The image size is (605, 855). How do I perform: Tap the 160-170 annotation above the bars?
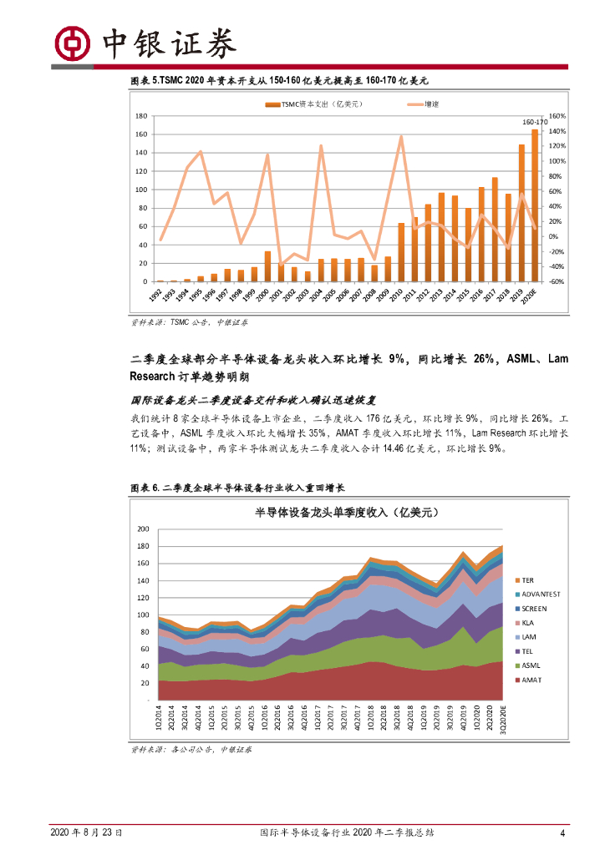tap(531, 122)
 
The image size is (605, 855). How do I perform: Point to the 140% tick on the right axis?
tap(557, 131)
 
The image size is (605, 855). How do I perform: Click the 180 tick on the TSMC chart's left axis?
tap(141, 116)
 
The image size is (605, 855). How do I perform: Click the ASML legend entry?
tap(531, 665)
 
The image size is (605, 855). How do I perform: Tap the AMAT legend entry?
tap(531, 680)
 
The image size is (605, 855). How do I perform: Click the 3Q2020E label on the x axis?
tap(503, 719)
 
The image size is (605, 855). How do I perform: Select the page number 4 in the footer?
tap(562, 832)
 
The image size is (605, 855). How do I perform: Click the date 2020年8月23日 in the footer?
tap(87, 832)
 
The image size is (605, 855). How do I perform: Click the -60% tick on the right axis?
tap(557, 282)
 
